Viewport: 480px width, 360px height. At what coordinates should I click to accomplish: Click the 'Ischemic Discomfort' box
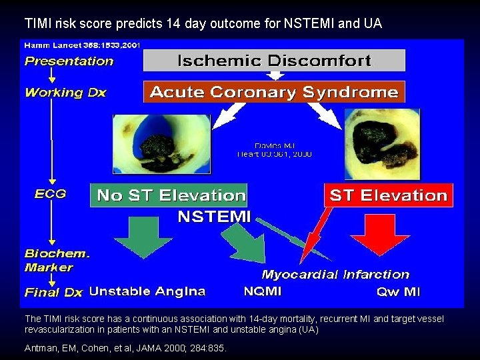pyautogui.click(x=275, y=61)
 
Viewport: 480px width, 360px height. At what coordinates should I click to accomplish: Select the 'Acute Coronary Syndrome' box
pyautogui.click(x=275, y=92)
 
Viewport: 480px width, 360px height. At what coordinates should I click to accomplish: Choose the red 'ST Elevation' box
pyautogui.click(x=387, y=195)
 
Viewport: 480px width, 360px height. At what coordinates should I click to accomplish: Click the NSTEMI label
pyautogui.click(x=213, y=217)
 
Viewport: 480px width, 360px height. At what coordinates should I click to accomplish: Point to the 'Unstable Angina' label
pyautogui.click(x=147, y=291)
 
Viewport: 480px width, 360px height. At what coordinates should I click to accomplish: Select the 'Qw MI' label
pyautogui.click(x=398, y=291)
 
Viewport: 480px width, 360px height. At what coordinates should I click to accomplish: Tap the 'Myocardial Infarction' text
pyautogui.click(x=335, y=274)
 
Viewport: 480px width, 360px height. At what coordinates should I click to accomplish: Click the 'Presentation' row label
pyautogui.click(x=69, y=61)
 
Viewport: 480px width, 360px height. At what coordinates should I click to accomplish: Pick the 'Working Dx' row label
pyautogui.click(x=65, y=93)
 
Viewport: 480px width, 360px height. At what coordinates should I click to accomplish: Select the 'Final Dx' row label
pyautogui.click(x=53, y=292)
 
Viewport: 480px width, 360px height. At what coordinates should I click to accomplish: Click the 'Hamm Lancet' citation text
pyautogui.click(x=81, y=45)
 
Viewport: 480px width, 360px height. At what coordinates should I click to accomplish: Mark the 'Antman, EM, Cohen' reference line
pyautogui.click(x=125, y=347)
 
